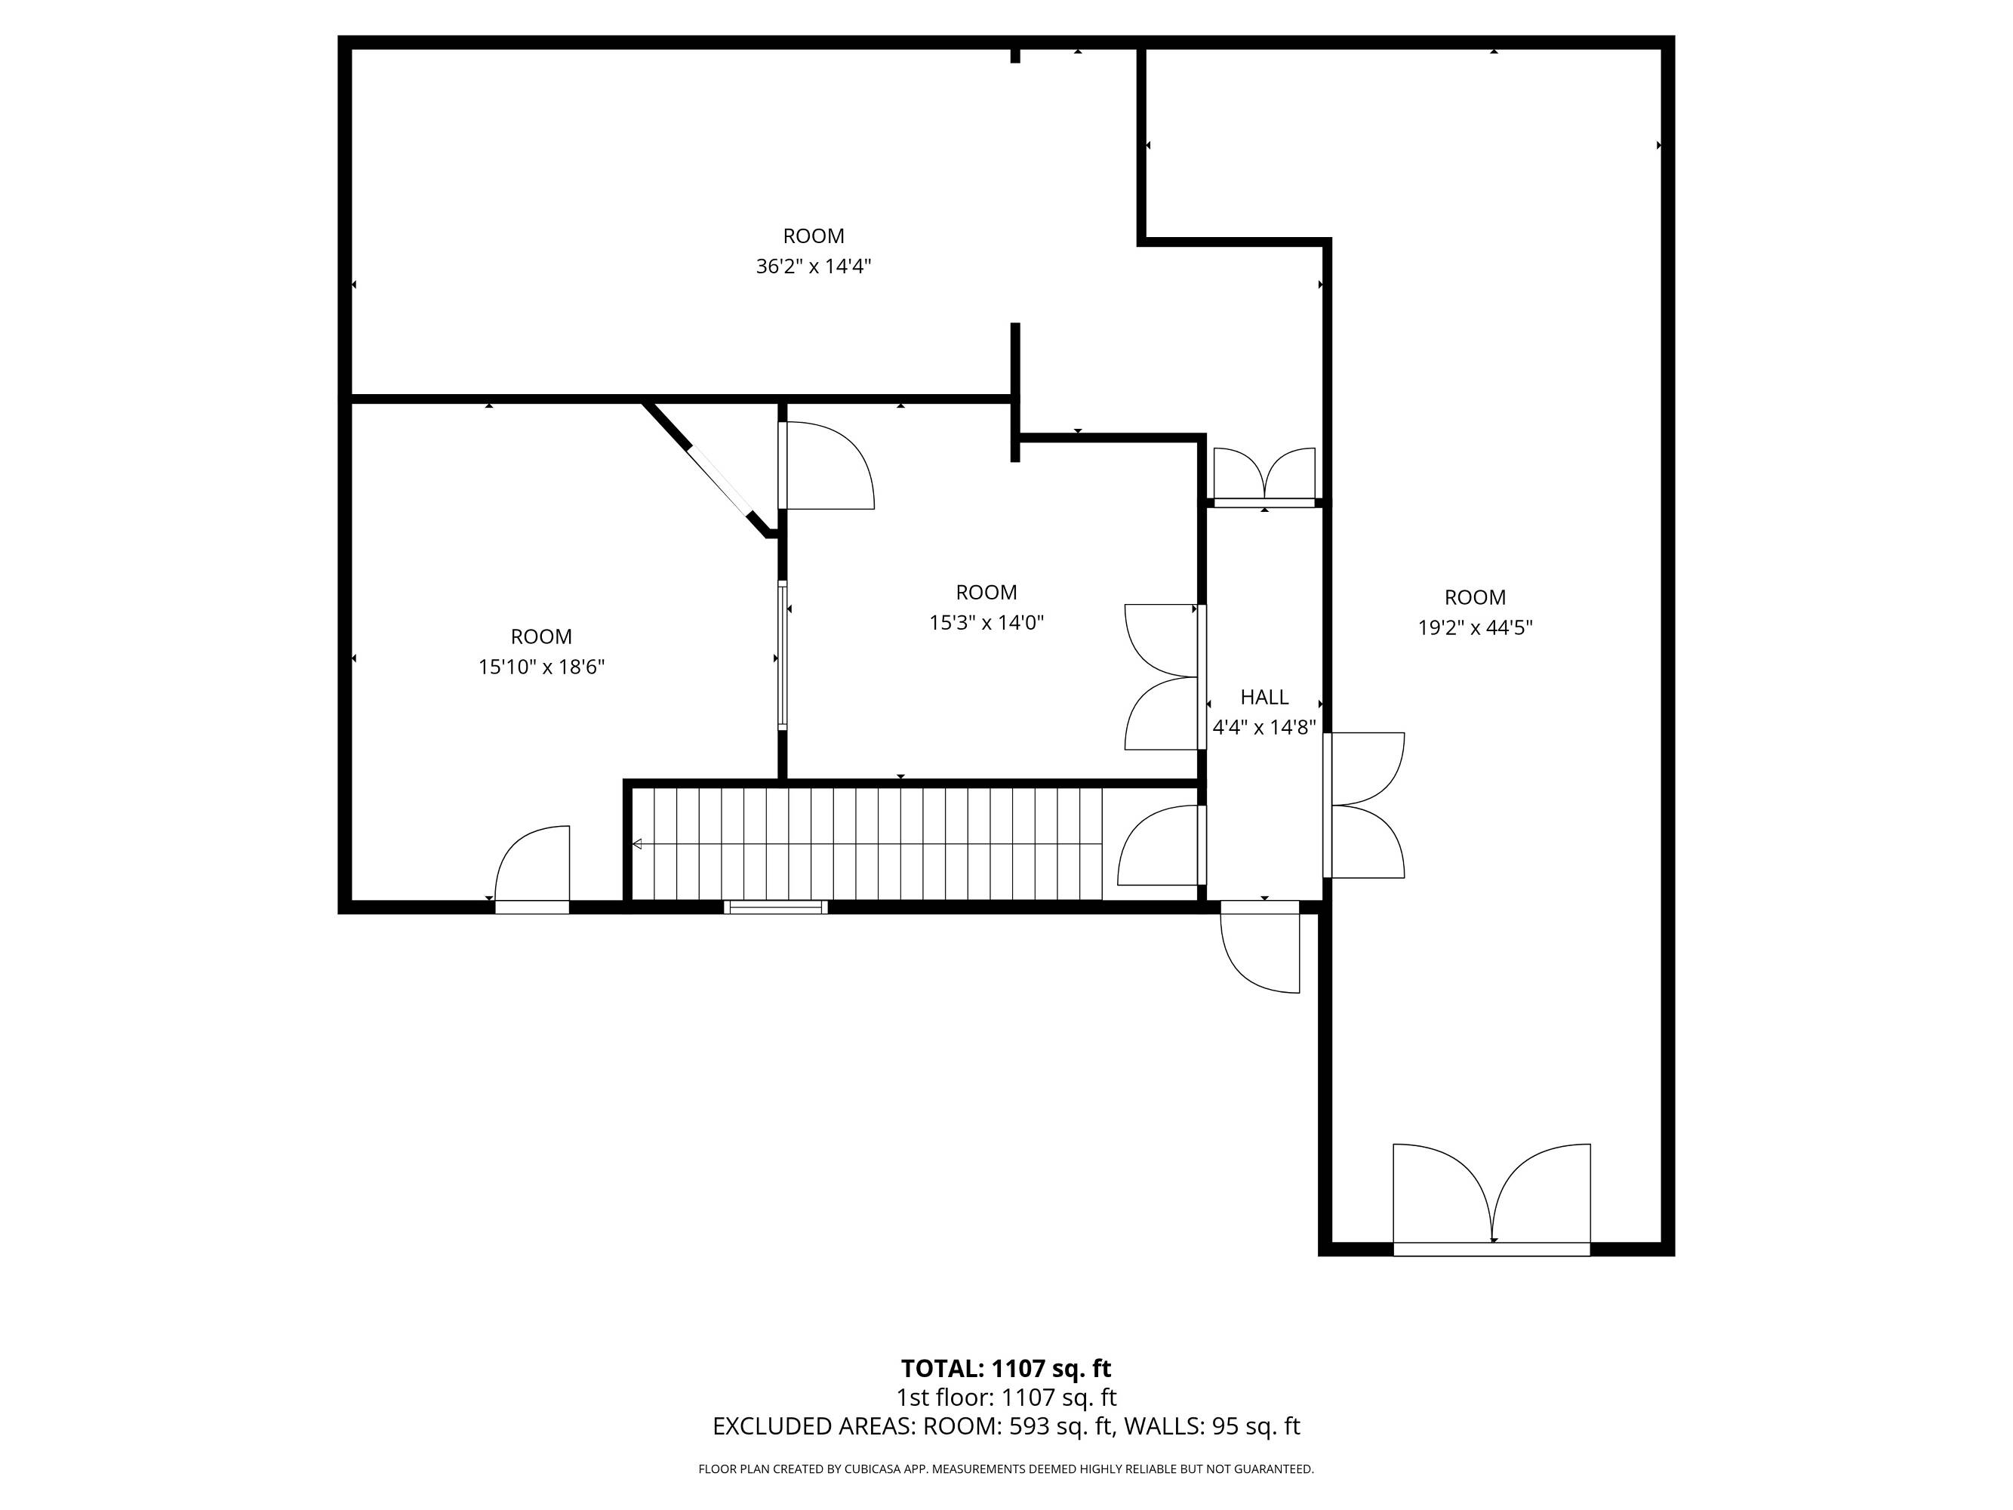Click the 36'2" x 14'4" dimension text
pyautogui.click(x=814, y=267)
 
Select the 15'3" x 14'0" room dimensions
pyautogui.click(x=986, y=623)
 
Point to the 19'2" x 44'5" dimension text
pyautogui.click(x=1475, y=627)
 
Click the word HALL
pyautogui.click(x=1265, y=697)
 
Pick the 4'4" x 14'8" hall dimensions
pyautogui.click(x=1265, y=727)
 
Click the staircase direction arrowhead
pyautogui.click(x=637, y=845)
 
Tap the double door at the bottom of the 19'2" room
pyautogui.click(x=1492, y=1197)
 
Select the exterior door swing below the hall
pyautogui.click(x=1260, y=951)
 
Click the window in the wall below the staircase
pyautogui.click(x=775, y=907)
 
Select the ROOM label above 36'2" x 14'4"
pyautogui.click(x=814, y=236)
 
